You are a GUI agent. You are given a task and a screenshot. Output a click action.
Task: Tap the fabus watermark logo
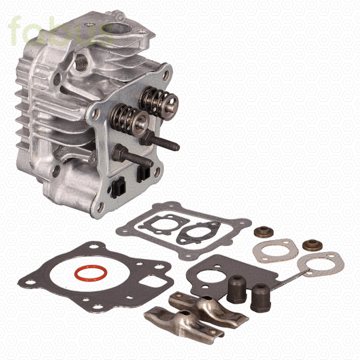61,31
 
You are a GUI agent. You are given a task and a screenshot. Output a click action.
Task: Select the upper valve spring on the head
158,103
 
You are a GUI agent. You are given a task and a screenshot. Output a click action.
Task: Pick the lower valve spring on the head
129,119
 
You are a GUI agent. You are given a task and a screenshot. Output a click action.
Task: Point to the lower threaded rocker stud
133,155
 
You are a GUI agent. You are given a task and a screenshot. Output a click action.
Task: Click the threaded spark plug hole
82,62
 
